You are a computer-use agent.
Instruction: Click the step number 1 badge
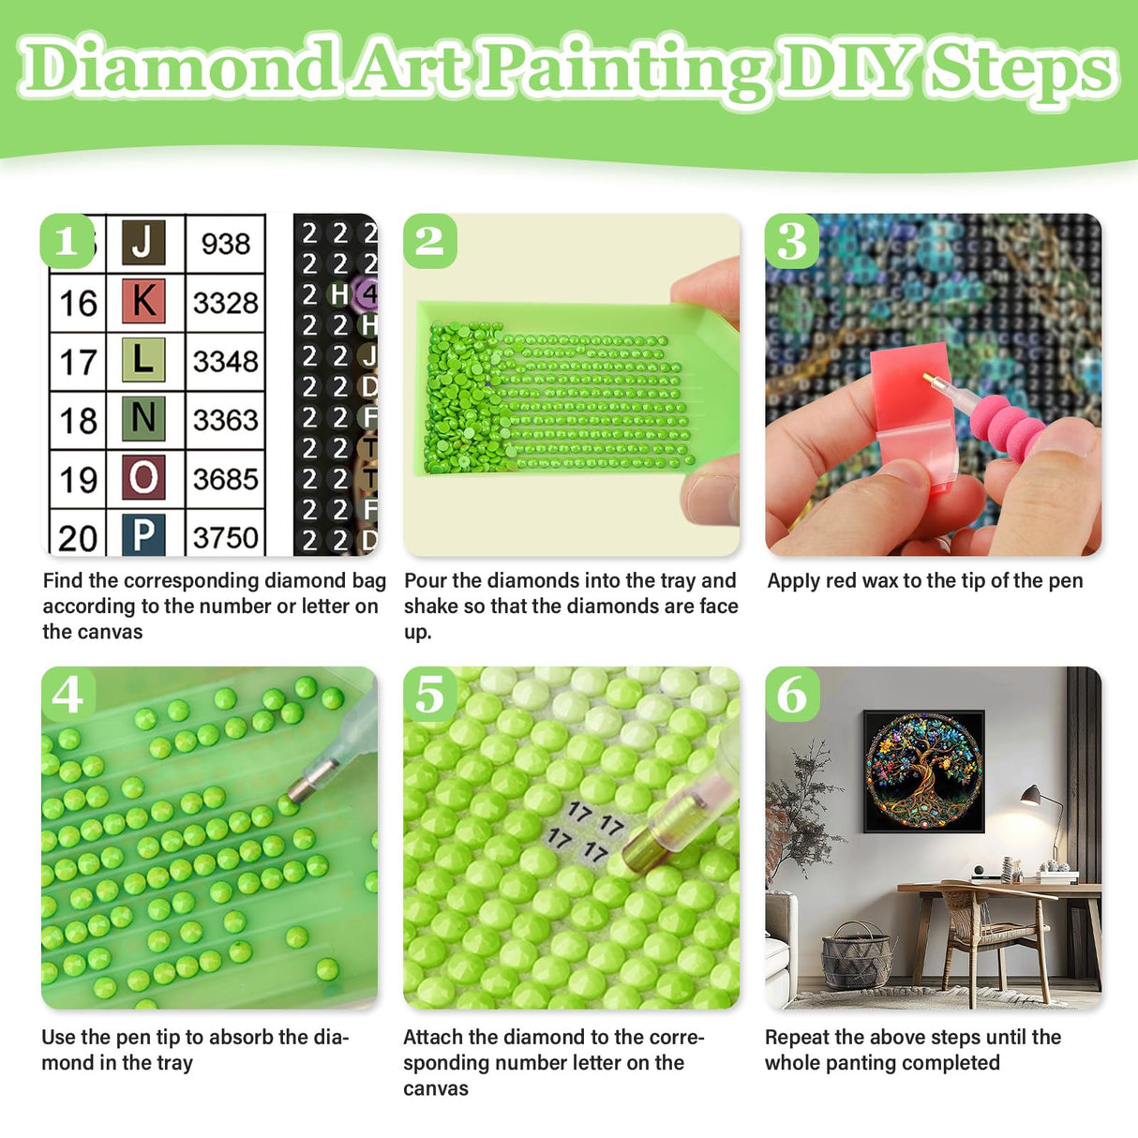(67, 241)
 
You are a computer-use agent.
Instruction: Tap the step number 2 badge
(429, 241)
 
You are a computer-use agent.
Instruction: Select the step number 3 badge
(792, 241)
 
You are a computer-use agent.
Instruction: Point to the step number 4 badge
(67, 695)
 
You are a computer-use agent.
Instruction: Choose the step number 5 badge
(429, 695)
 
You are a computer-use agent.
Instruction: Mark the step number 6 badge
(792, 695)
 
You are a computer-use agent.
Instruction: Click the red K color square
(143, 301)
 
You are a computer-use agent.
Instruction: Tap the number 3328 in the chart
(225, 303)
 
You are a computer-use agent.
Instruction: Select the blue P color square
(143, 535)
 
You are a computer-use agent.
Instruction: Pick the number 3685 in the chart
(225, 479)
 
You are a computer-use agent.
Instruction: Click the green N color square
(143, 418)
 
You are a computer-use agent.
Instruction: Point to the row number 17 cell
(78, 362)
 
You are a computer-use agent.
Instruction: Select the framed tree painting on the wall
(923, 771)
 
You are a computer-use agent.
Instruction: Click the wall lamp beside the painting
(1032, 797)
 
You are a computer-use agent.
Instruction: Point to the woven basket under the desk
(856, 956)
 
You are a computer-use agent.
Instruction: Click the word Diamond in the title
(178, 67)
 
